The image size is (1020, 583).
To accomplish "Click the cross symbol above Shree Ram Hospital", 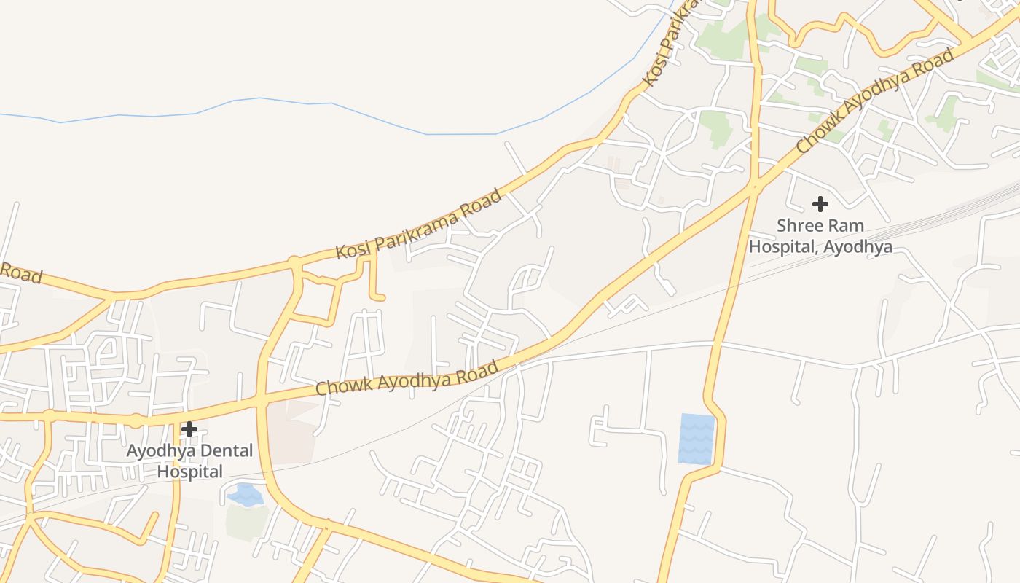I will [820, 203].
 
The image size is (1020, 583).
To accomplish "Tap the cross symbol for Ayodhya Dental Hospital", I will [189, 429].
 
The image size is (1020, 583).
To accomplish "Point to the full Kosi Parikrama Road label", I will [419, 224].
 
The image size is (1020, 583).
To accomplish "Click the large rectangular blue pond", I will [697, 439].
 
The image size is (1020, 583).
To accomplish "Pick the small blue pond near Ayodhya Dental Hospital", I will [246, 495].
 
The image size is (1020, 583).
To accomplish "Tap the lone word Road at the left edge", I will [20, 273].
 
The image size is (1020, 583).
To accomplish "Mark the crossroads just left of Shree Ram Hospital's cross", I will [754, 187].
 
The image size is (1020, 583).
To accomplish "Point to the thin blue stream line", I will [328, 103].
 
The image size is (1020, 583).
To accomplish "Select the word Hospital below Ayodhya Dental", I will [190, 472].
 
